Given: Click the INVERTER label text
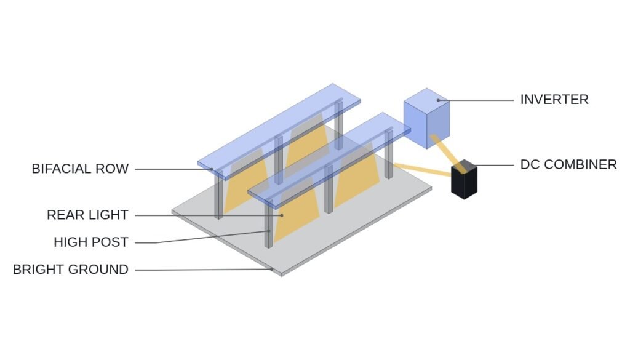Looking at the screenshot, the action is [x=554, y=100].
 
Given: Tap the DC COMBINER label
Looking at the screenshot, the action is [x=568, y=165].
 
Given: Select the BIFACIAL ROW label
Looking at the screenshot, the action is [x=80, y=169].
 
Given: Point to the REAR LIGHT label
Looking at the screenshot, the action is [x=87, y=215].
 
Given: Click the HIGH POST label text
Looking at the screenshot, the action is [x=91, y=242].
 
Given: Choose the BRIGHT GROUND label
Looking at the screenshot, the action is [x=71, y=270].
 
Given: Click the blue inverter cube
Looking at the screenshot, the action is [x=426, y=118].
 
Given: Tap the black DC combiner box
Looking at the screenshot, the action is [x=464, y=179].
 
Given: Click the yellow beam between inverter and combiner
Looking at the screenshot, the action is [x=447, y=153].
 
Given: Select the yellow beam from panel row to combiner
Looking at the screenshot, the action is [x=423, y=170].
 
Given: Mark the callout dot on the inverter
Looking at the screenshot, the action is [x=438, y=100].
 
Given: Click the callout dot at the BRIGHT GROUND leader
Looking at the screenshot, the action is [x=271, y=269].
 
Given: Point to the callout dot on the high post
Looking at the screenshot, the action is [x=269, y=231].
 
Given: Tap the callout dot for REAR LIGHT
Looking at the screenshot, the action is [x=282, y=216].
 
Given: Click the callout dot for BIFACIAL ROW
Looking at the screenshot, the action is [x=212, y=169].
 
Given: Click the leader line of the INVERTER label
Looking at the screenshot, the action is [x=476, y=100].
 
